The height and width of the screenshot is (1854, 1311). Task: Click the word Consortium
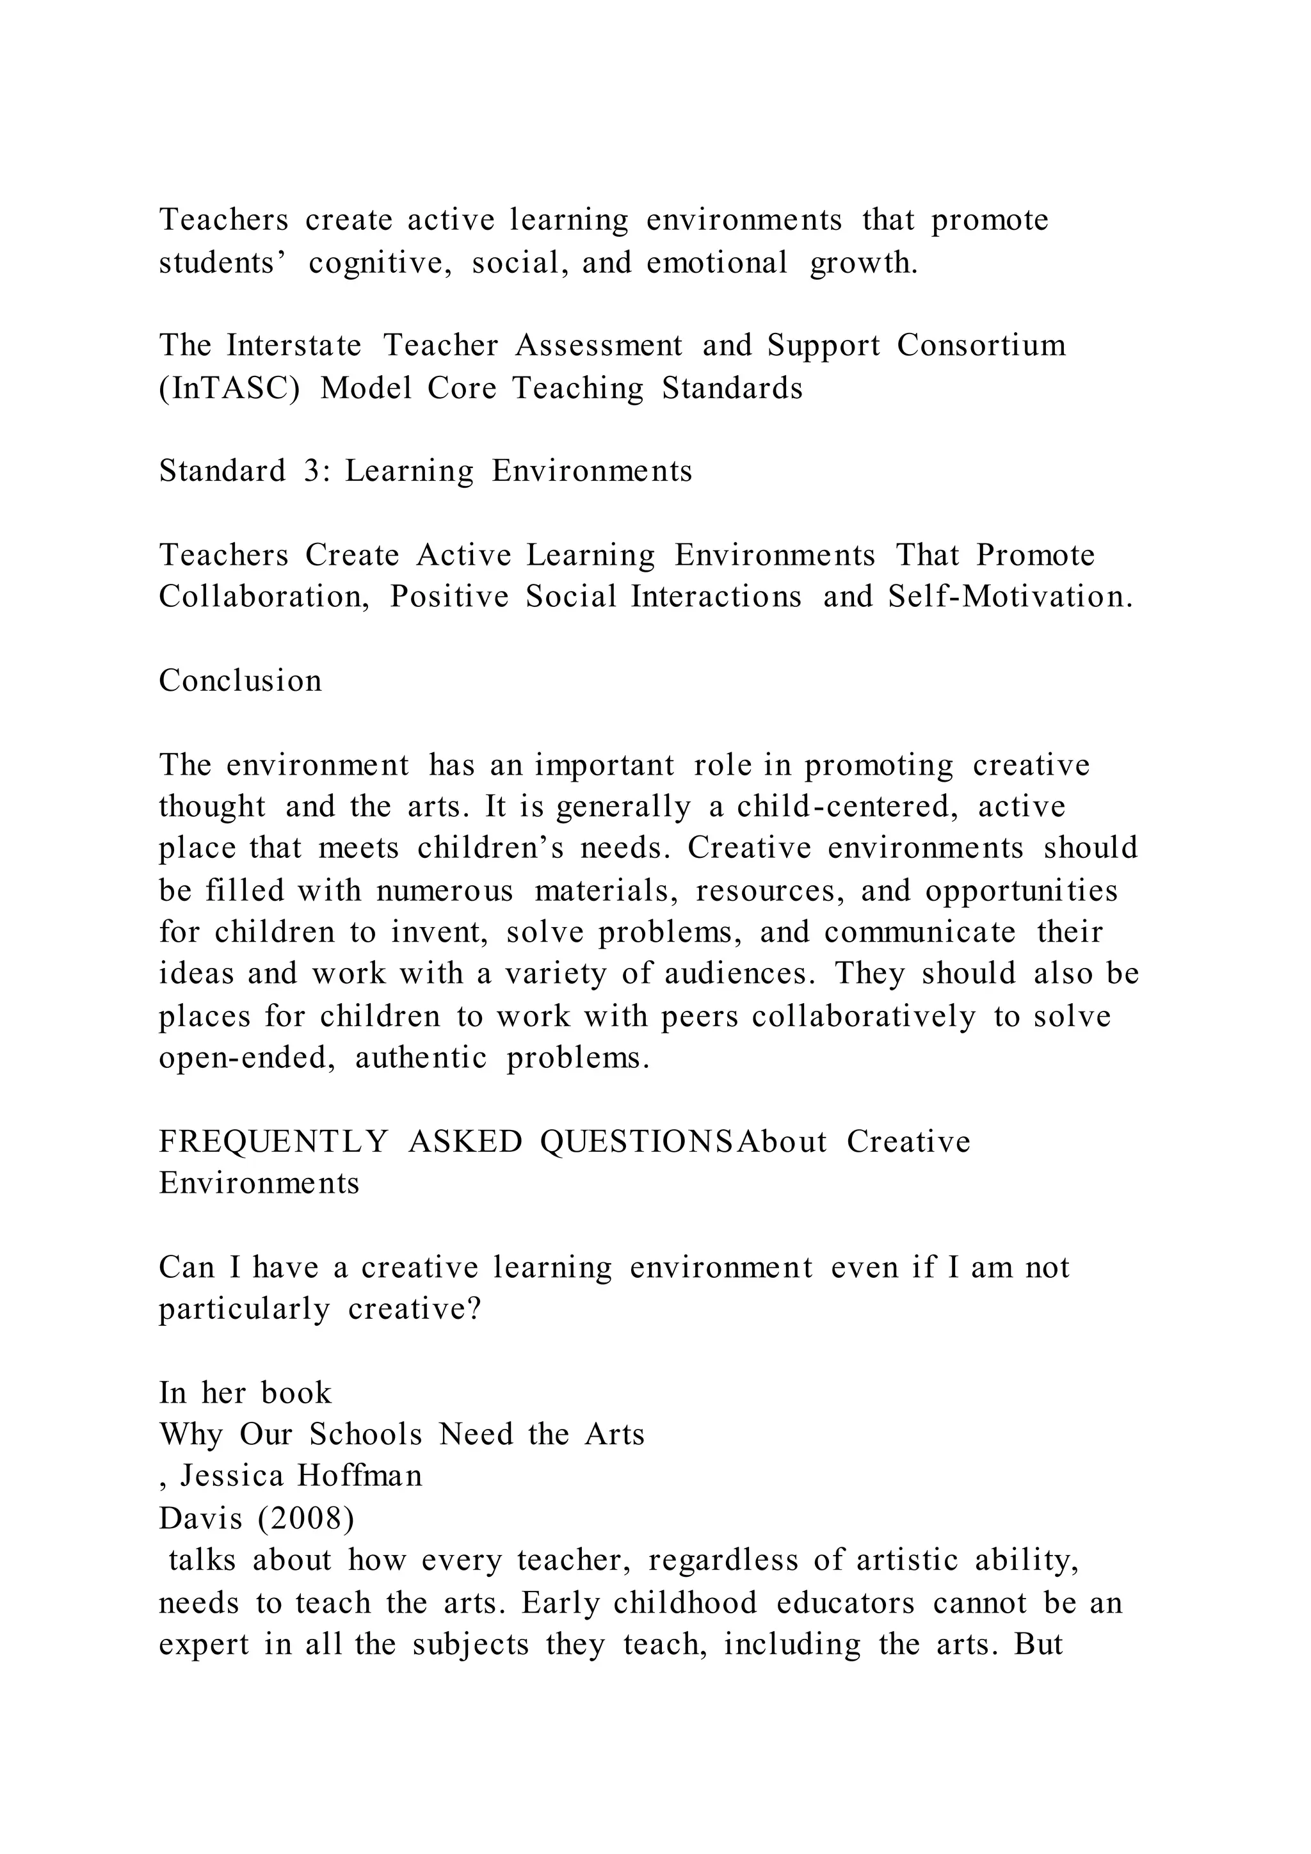tap(981, 346)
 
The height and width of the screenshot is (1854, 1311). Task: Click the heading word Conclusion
tap(241, 680)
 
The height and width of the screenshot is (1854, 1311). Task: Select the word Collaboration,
tap(264, 597)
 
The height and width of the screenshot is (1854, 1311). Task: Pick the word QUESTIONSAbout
tap(683, 1142)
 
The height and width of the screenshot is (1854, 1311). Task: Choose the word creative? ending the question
tap(415, 1309)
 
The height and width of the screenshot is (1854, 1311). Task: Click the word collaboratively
tap(864, 1016)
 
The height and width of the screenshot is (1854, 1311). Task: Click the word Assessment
tap(599, 346)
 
